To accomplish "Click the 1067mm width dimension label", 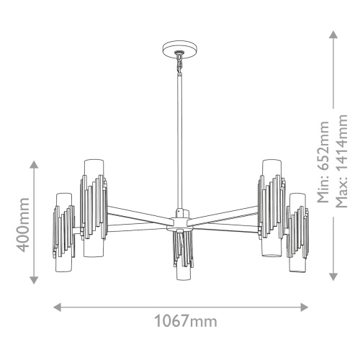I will point(180,322).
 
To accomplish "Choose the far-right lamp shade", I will point(297,230).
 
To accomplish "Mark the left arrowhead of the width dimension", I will point(58,306).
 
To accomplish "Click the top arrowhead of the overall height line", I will point(334,34).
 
